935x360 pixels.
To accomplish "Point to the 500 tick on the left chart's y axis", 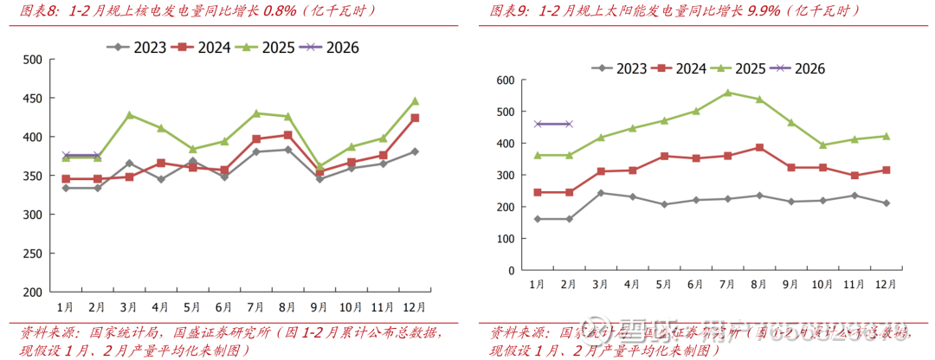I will (32, 60).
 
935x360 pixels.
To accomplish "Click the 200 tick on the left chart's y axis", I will (32, 292).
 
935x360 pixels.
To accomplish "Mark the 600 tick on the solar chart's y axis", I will (505, 80).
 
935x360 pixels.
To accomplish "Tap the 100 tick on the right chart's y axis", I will (505, 238).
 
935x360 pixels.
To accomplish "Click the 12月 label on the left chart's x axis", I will (415, 307).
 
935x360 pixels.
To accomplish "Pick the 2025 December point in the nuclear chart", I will (415, 101).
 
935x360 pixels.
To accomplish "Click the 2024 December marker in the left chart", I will (415, 118).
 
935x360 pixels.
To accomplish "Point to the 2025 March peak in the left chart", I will (129, 115).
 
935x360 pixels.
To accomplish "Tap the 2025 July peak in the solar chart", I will (727, 93).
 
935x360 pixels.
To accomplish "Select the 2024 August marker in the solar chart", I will (759, 147).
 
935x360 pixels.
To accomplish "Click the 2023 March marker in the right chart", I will (600, 193).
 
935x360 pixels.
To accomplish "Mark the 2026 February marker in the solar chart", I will (568, 124).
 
